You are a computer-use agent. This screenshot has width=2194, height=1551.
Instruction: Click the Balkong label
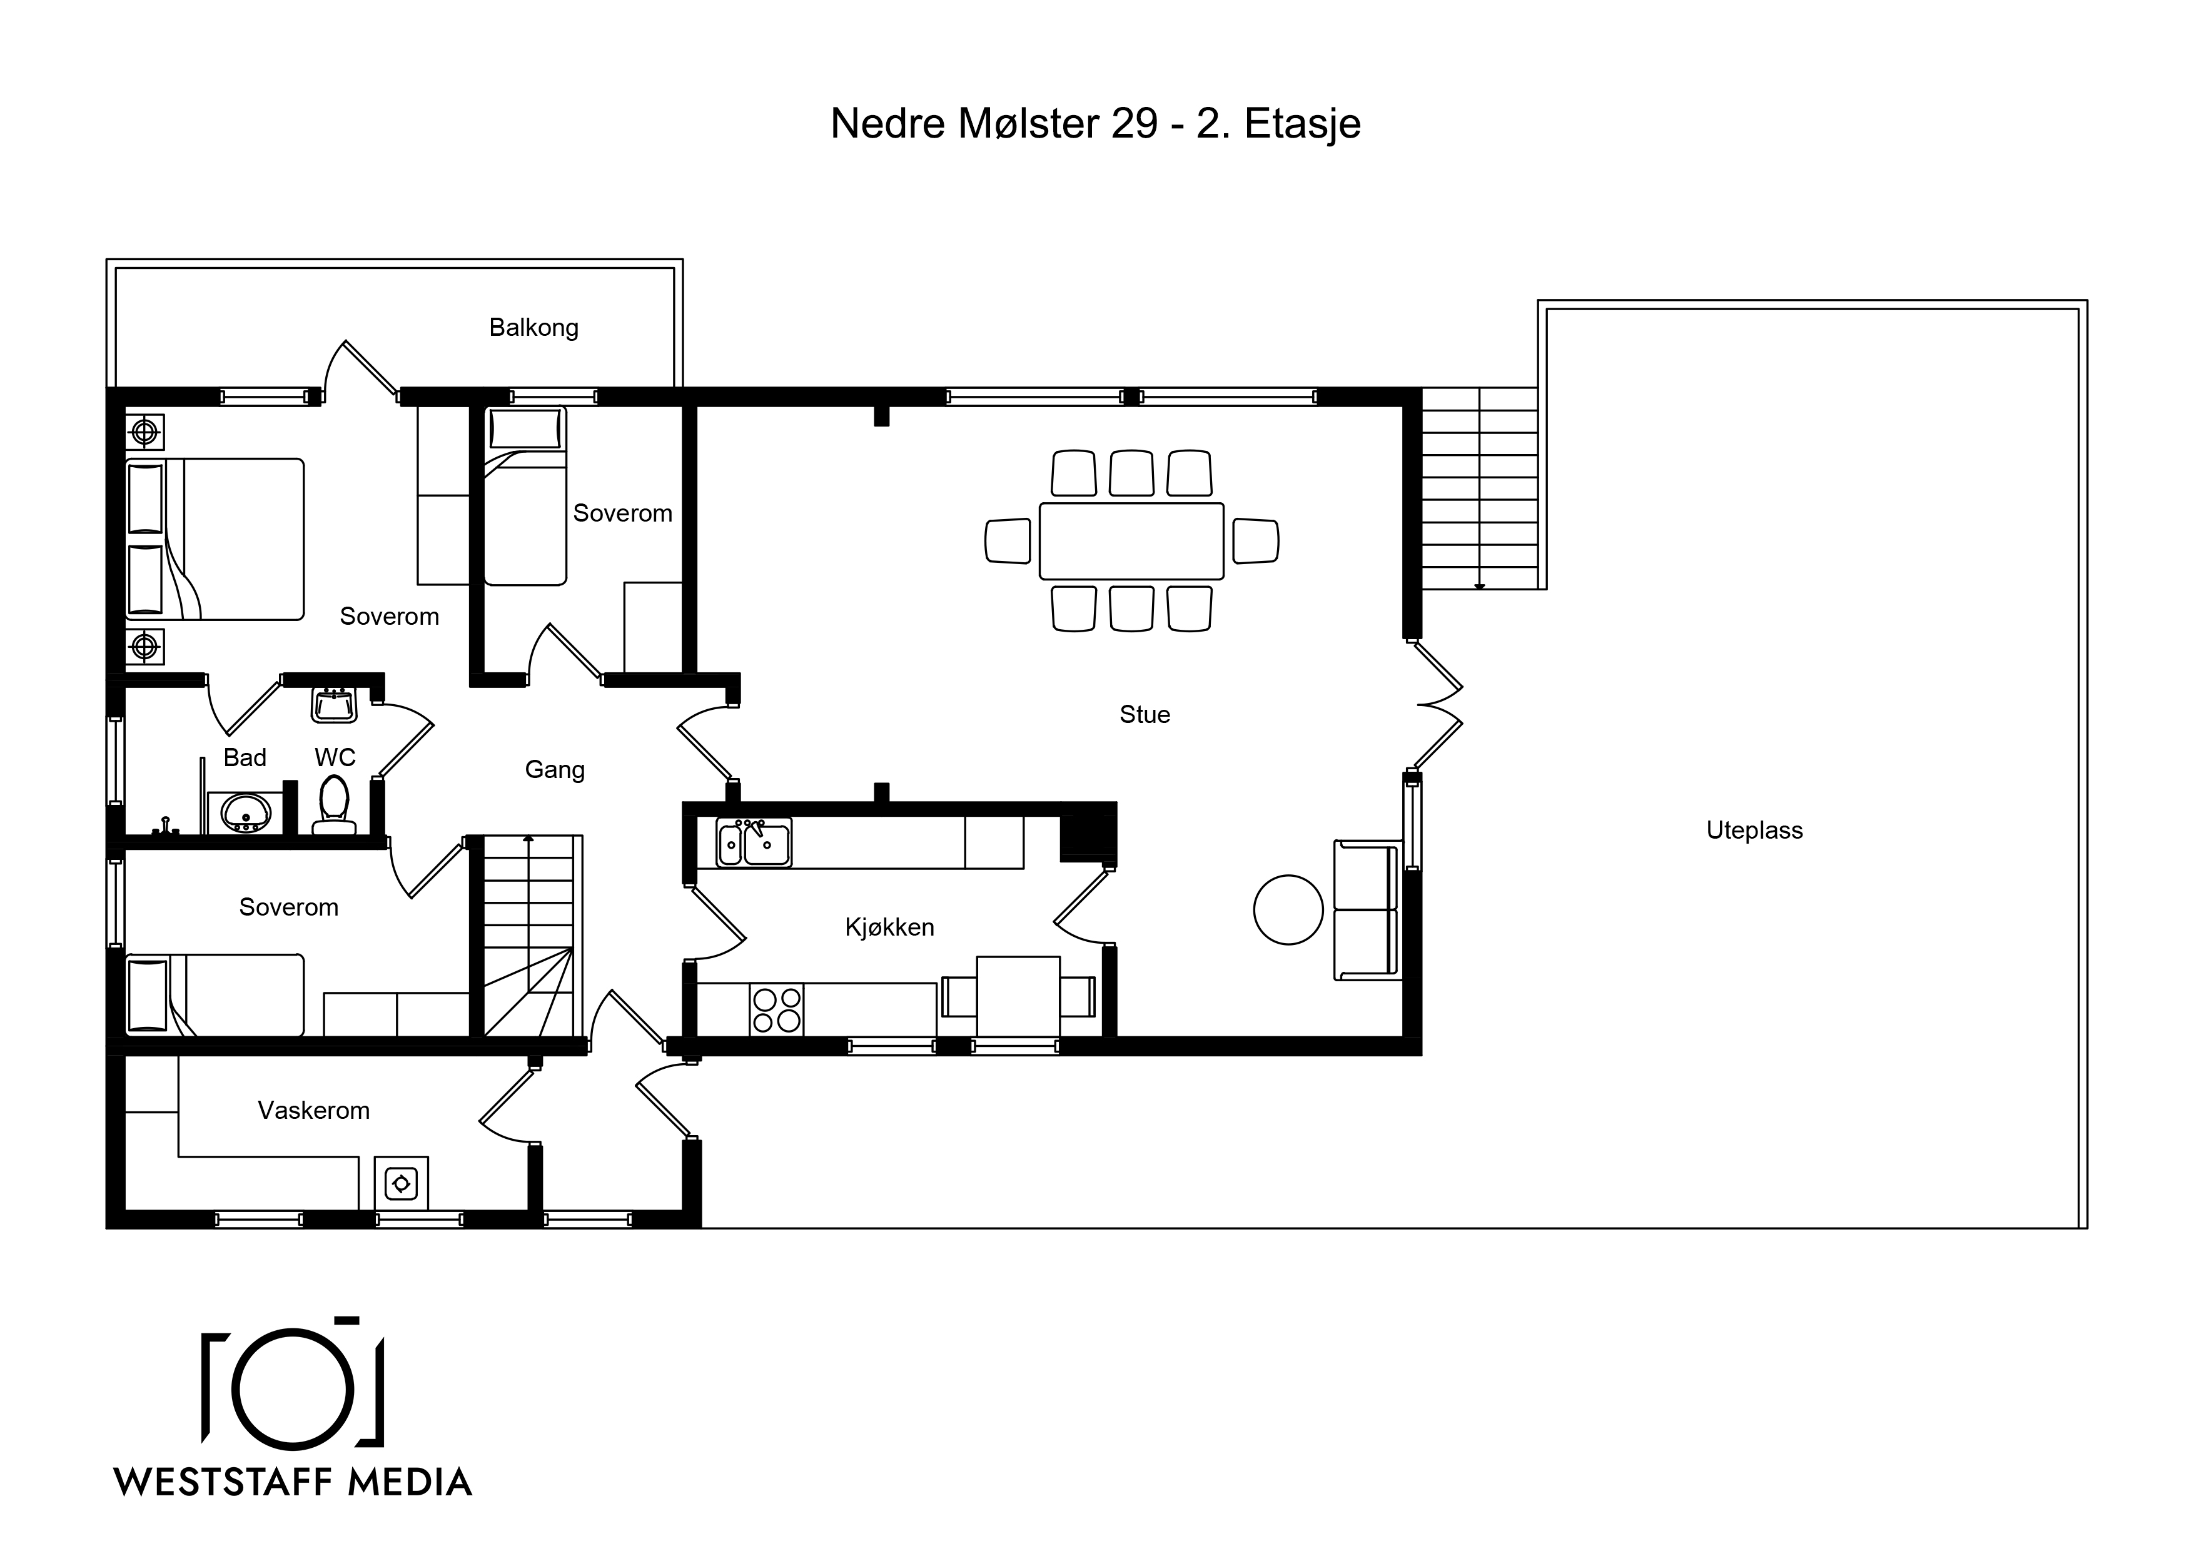[533, 328]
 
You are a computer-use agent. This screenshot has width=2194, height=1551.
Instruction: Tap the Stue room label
[1144, 715]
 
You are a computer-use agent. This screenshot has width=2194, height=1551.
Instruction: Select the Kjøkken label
[889, 927]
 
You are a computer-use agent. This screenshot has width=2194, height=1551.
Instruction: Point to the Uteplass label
[1754, 831]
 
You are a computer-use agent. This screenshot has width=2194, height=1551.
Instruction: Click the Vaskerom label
[313, 1111]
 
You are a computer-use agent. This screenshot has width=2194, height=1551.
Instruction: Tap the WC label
[335, 758]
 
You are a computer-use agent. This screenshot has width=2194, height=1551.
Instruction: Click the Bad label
[245, 758]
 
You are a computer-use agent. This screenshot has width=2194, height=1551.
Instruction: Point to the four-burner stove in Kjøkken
[776, 1010]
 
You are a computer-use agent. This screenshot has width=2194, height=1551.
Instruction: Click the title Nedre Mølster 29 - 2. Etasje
[1095, 123]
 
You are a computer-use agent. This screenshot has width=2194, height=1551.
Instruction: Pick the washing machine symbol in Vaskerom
[402, 1184]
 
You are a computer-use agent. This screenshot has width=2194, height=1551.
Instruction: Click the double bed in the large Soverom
[215, 539]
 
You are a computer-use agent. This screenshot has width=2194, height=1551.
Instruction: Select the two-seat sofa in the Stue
[1367, 910]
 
